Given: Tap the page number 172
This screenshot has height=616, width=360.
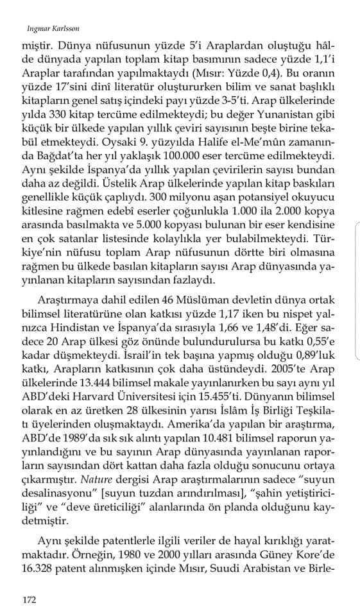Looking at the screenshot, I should [28, 601].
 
